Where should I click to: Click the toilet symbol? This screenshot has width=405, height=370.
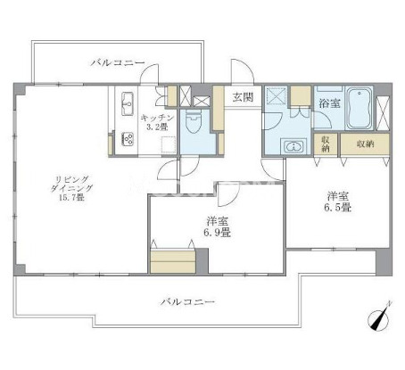coord(194,121)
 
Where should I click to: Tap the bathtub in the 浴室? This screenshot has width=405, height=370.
coord(360,108)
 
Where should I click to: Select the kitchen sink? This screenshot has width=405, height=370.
coord(128,103)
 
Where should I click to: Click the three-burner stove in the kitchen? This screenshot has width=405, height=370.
coord(128,139)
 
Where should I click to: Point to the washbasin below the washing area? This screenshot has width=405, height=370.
coord(293,146)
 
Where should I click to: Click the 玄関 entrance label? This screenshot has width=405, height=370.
coord(243,97)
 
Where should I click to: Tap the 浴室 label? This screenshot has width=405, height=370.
coord(329,103)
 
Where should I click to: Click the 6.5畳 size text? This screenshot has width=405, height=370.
coord(338,207)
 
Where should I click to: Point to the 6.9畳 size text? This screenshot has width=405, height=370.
coord(217,232)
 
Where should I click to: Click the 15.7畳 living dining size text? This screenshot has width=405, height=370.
coord(71,197)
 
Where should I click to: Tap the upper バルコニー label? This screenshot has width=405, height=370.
coord(118,63)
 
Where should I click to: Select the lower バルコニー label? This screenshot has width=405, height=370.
coord(187,302)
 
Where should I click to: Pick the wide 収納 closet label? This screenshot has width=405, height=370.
coord(365,144)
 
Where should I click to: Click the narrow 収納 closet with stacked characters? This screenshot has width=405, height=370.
coord(326,144)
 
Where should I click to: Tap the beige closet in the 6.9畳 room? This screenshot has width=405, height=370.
coord(173,262)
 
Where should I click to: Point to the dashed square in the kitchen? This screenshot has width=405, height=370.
coord(169,144)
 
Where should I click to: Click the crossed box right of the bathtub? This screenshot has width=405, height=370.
coord(383,113)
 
